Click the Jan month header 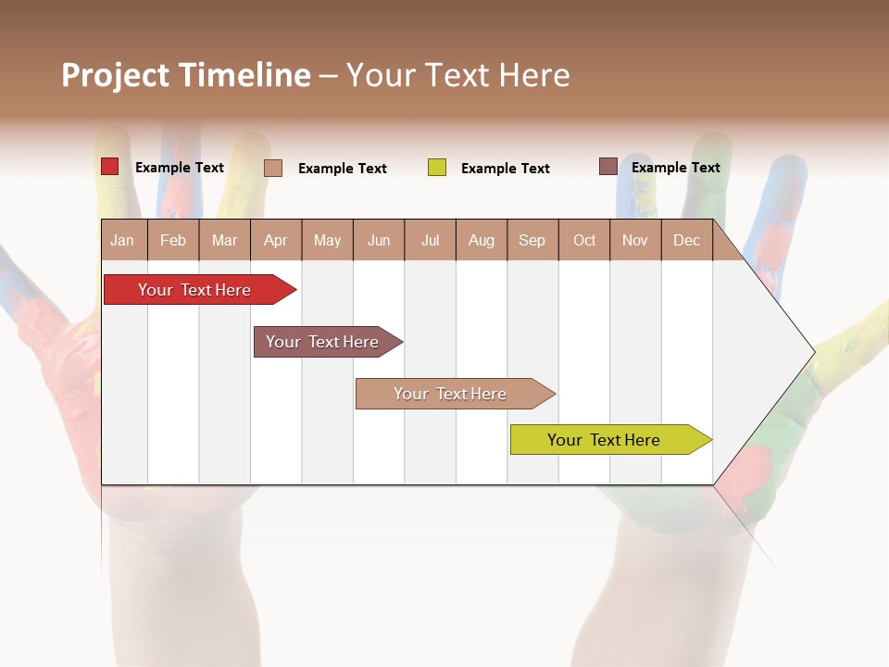tap(123, 240)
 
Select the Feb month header tap(173, 240)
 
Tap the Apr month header tap(276, 240)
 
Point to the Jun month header tap(379, 240)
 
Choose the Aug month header tap(482, 240)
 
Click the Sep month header tap(532, 240)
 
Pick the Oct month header tap(584, 240)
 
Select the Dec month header tap(687, 240)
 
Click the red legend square tap(110, 167)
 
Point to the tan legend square tap(273, 168)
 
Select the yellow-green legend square tap(437, 168)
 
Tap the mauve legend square tap(608, 167)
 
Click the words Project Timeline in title tap(186, 75)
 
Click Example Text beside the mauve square tap(675, 168)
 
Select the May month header tap(327, 240)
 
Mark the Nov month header tap(635, 240)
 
